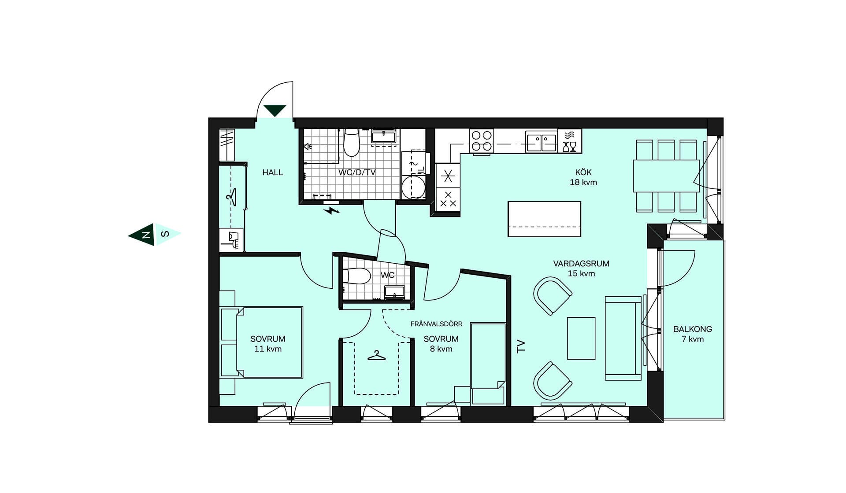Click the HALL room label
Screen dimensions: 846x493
[272, 173]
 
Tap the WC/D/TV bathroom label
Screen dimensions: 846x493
[357, 173]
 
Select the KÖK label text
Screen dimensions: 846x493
[583, 173]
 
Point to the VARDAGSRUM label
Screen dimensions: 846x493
[581, 264]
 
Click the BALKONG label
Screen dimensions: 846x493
[692, 329]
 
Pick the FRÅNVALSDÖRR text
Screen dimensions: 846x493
[436, 324]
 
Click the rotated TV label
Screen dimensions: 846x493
[521, 346]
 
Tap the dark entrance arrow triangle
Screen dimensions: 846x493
[275, 110]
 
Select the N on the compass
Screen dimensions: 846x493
[145, 235]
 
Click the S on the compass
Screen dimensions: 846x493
[165, 234]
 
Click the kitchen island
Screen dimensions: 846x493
[544, 219]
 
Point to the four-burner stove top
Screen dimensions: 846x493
[482, 141]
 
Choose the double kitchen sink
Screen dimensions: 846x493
[542, 142]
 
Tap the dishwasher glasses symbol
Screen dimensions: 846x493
[569, 141]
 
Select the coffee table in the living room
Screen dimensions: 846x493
[581, 338]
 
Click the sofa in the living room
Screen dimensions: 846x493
[623, 338]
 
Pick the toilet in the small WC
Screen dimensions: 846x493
[357, 276]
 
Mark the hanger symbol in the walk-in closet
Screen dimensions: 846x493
[376, 355]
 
